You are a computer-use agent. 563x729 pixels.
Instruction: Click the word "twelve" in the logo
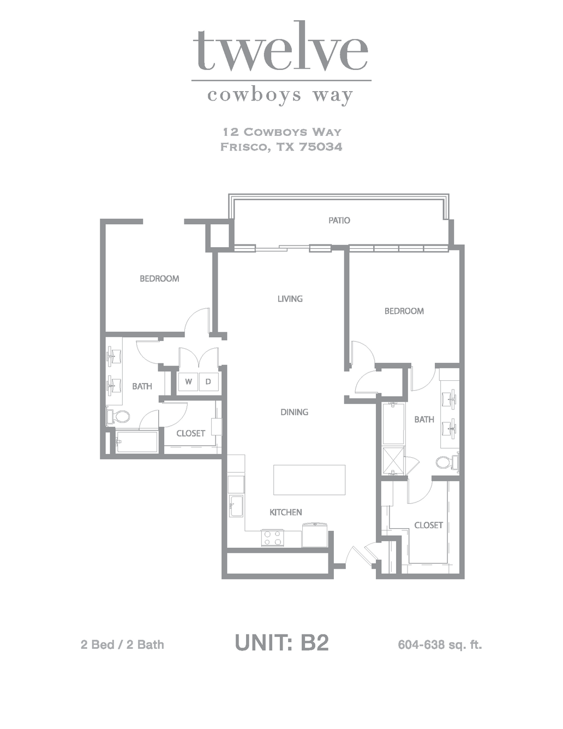click(280, 50)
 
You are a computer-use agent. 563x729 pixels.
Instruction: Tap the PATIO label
click(339, 220)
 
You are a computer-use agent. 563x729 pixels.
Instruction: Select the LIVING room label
click(290, 298)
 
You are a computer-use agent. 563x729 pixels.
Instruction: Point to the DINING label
click(295, 412)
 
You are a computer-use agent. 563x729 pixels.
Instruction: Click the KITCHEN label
click(286, 512)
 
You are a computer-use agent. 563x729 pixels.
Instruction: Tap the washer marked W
click(188, 381)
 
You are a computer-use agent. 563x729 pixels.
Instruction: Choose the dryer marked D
click(208, 381)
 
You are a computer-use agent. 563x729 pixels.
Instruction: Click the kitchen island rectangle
click(309, 480)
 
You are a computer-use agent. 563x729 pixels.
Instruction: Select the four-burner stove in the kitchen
click(272, 538)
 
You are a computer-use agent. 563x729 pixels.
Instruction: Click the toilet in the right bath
click(448, 463)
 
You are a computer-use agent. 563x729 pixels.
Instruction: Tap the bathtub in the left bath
click(136, 441)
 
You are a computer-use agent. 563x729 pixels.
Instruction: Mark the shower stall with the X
click(394, 461)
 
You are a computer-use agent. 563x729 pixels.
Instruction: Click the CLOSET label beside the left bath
click(190, 433)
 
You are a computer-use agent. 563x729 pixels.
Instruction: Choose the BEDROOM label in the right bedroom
click(404, 311)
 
